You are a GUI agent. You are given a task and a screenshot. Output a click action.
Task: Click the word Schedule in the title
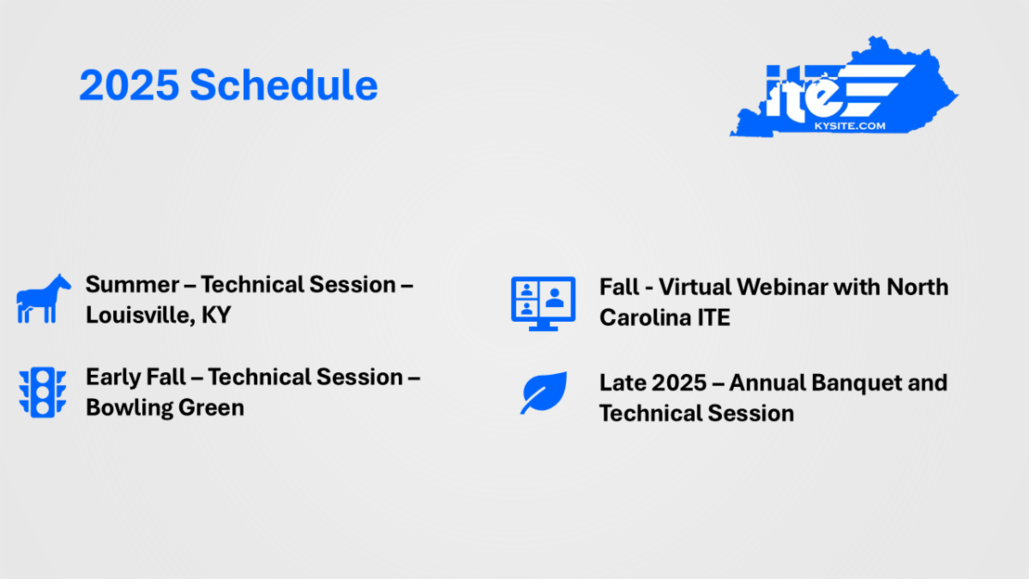[284, 85]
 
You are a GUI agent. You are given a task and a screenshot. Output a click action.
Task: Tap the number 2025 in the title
[129, 86]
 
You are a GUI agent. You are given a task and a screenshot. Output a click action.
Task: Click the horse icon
[44, 299]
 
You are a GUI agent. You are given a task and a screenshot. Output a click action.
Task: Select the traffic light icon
[42, 393]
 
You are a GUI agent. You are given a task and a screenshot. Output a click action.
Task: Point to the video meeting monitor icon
[543, 304]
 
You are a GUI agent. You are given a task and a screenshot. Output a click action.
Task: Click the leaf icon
[544, 393]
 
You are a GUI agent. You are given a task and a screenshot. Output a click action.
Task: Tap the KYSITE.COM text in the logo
[850, 126]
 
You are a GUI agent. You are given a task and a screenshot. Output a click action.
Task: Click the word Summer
[133, 285]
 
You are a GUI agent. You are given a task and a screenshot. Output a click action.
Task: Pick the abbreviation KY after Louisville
[216, 316]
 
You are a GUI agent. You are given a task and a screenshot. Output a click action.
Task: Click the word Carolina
[645, 317]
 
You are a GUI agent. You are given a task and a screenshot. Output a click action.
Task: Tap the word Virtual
[701, 287]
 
